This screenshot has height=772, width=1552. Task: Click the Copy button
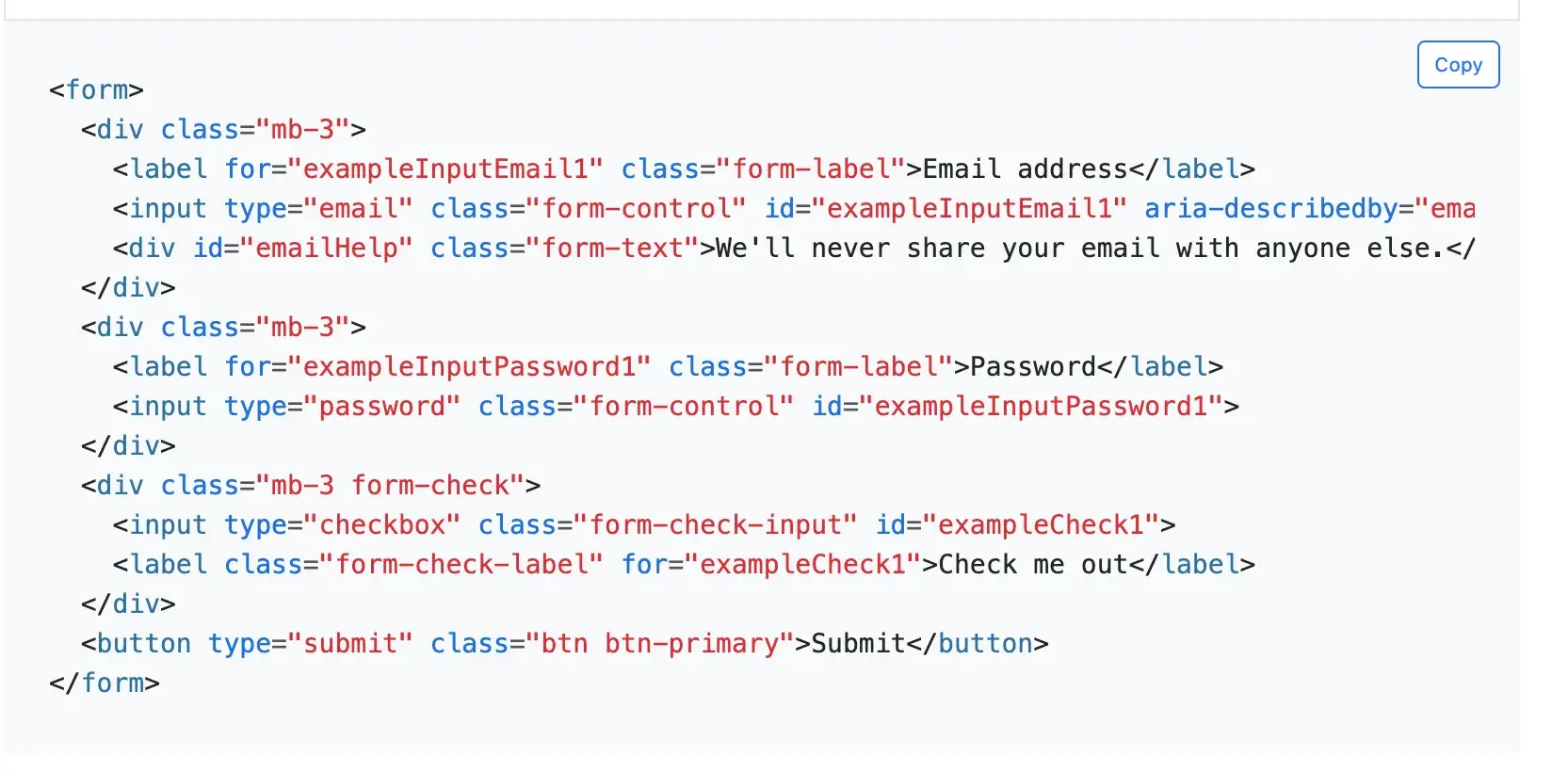[x=1458, y=65]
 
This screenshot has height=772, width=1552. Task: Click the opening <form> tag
[x=96, y=90]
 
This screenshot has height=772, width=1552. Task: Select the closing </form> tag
[x=105, y=684]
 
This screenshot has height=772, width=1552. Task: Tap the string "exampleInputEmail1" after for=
[x=445, y=169]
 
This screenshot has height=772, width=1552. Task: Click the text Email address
[x=1025, y=169]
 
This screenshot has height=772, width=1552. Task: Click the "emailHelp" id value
[x=326, y=249]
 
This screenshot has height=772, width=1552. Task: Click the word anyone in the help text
[x=1302, y=249]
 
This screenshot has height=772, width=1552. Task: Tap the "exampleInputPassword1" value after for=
[x=468, y=367]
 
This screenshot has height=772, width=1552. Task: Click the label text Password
[x=1032, y=367]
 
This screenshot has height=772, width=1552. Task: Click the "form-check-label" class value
[x=461, y=565]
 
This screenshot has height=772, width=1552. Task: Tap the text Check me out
[x=1032, y=565]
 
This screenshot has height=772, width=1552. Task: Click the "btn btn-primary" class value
[x=659, y=644]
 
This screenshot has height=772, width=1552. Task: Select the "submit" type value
[x=349, y=644]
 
